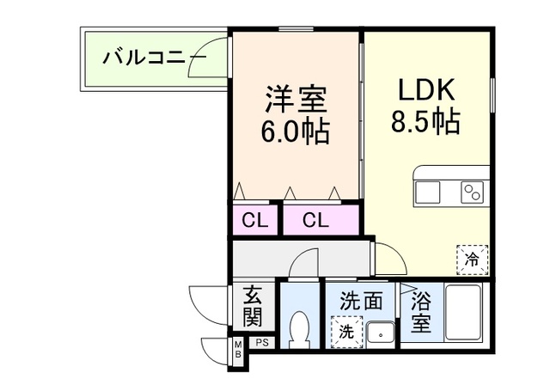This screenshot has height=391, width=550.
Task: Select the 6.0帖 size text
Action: [296, 133]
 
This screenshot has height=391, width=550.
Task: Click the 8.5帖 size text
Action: [427, 122]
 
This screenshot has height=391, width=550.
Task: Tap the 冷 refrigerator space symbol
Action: [472, 257]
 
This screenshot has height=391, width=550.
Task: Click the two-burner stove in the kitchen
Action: [473, 192]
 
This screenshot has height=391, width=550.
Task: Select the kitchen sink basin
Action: [428, 192]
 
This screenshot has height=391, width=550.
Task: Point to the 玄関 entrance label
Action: [252, 308]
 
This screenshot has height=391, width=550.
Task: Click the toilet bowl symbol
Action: [299, 328]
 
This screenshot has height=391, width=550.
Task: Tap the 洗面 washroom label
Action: [360, 302]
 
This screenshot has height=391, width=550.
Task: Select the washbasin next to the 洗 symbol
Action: [379, 331]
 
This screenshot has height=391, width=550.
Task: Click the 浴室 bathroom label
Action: [420, 313]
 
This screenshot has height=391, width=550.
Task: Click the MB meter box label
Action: [236, 350]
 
